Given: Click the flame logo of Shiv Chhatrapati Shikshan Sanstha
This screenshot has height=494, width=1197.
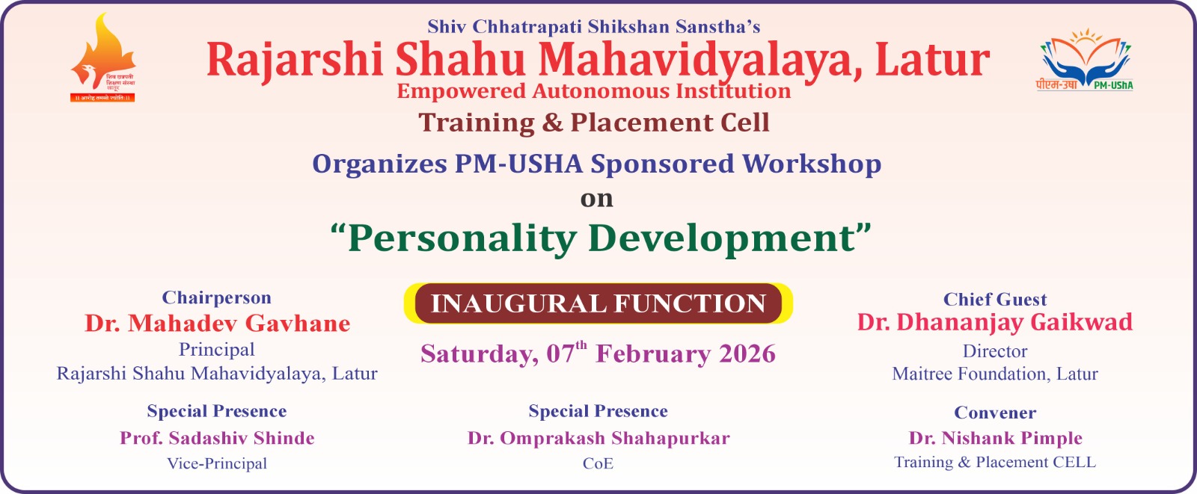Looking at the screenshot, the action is click(102, 58).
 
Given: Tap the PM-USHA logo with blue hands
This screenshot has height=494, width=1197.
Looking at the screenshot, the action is click(1085, 60).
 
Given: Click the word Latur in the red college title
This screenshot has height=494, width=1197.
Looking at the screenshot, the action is click(932, 60).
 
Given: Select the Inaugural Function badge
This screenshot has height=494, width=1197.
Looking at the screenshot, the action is click(598, 303).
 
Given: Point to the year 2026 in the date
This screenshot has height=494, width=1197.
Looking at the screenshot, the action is click(747, 353).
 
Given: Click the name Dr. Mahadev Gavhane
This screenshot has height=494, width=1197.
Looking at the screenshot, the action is click(218, 323).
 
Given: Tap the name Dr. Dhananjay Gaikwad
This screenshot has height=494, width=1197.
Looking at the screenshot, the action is click(994, 322).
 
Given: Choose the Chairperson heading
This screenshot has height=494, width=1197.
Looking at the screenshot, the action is click(216, 297).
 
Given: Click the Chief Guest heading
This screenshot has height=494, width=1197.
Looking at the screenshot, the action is click(994, 299).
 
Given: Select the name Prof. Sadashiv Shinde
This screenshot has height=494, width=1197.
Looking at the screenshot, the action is click(217, 438).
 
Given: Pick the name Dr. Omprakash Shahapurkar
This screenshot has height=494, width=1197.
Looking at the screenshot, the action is click(598, 438).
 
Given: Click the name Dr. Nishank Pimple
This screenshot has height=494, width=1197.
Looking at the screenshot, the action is click(995, 438).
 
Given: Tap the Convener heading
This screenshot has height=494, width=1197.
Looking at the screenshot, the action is click(995, 413).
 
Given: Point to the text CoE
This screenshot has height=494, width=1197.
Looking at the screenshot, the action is click(598, 463).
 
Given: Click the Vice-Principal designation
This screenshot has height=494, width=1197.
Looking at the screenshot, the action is click(217, 463).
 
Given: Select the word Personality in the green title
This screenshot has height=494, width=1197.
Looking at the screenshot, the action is click(462, 238).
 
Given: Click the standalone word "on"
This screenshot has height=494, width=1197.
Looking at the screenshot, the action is click(597, 199).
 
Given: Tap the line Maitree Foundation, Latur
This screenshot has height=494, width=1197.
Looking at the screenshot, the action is click(994, 374).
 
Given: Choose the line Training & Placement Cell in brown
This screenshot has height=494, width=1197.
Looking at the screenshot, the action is click(594, 123).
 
